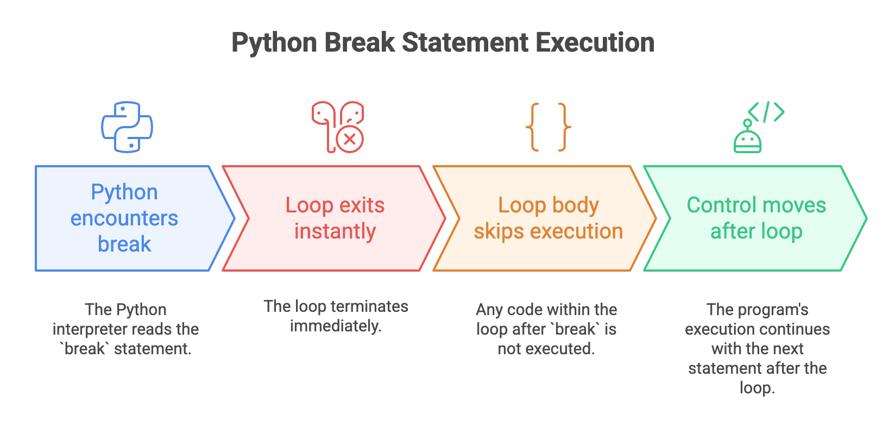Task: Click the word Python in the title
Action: tap(274, 43)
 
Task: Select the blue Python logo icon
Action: tap(127, 127)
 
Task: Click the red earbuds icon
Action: tap(337, 127)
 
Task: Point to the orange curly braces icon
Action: tap(549, 127)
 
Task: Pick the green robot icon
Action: tap(748, 138)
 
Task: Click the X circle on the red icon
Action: tap(350, 139)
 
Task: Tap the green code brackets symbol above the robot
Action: tap(766, 112)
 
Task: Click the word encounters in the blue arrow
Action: tap(124, 218)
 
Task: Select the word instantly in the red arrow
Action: tap(335, 231)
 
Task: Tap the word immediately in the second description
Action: tap(335, 326)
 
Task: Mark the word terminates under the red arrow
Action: tap(369, 306)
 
